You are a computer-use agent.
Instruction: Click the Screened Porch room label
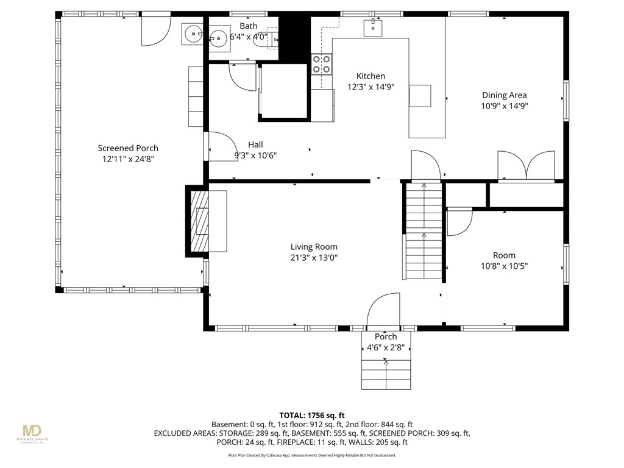click(128, 148)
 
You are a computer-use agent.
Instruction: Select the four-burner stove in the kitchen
click(322, 64)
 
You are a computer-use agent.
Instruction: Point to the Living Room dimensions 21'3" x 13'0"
click(314, 257)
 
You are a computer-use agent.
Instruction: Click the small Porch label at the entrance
click(386, 336)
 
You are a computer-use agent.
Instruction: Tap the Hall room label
click(255, 144)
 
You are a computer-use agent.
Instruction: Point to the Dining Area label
click(504, 95)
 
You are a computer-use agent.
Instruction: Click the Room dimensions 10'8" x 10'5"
click(504, 266)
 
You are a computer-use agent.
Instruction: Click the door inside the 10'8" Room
click(459, 222)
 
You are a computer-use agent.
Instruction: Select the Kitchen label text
click(370, 76)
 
